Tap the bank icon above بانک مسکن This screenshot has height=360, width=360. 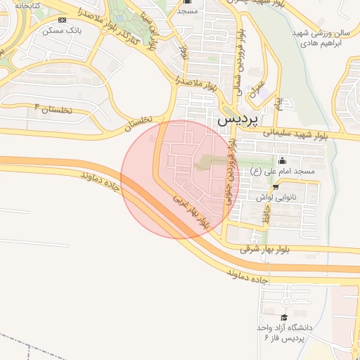point(63,20)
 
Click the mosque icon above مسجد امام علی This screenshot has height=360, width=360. point(283,160)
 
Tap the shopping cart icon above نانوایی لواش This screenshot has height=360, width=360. point(276,187)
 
